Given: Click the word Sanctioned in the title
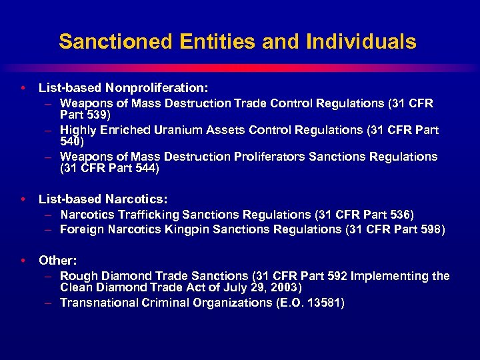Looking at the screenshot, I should pos(115,41).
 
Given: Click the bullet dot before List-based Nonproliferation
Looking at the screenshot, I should pos(23,87).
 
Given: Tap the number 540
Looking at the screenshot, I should pos(71,141).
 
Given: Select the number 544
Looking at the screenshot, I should pos(145,169).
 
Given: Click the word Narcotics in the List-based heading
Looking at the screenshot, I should pos(136,199).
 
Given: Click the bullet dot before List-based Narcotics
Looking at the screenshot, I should pos(23,199).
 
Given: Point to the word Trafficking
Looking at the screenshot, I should pos(145,215).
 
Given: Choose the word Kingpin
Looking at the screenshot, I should pos(195,229).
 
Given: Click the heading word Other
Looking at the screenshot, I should pos(57,260).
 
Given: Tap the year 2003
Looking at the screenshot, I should pos(285,287).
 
